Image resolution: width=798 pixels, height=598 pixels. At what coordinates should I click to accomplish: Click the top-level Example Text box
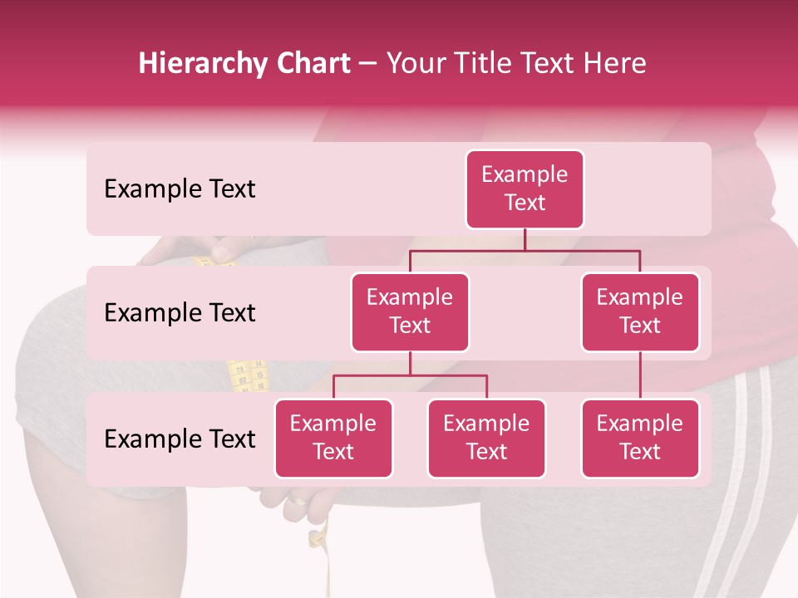[525, 189]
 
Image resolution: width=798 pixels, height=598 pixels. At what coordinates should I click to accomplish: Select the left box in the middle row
[410, 311]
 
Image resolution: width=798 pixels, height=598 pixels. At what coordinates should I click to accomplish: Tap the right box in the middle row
[640, 311]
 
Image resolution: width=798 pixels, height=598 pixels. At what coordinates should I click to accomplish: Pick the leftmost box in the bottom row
[333, 438]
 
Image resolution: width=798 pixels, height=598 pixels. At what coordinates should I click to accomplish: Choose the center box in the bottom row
[486, 438]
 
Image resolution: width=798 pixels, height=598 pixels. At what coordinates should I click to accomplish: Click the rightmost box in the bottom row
[640, 438]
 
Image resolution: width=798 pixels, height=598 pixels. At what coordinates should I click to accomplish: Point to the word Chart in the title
[313, 63]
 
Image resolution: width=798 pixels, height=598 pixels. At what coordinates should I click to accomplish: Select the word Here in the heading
[615, 63]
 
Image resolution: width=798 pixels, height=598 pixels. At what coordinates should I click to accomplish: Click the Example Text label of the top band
[180, 189]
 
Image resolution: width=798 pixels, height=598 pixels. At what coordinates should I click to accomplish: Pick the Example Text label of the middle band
[180, 313]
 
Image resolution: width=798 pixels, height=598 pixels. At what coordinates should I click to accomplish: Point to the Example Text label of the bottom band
[180, 439]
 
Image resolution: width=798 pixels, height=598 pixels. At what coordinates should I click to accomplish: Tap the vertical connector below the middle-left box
[410, 363]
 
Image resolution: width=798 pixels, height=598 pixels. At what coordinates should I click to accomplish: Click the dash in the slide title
[368, 65]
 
